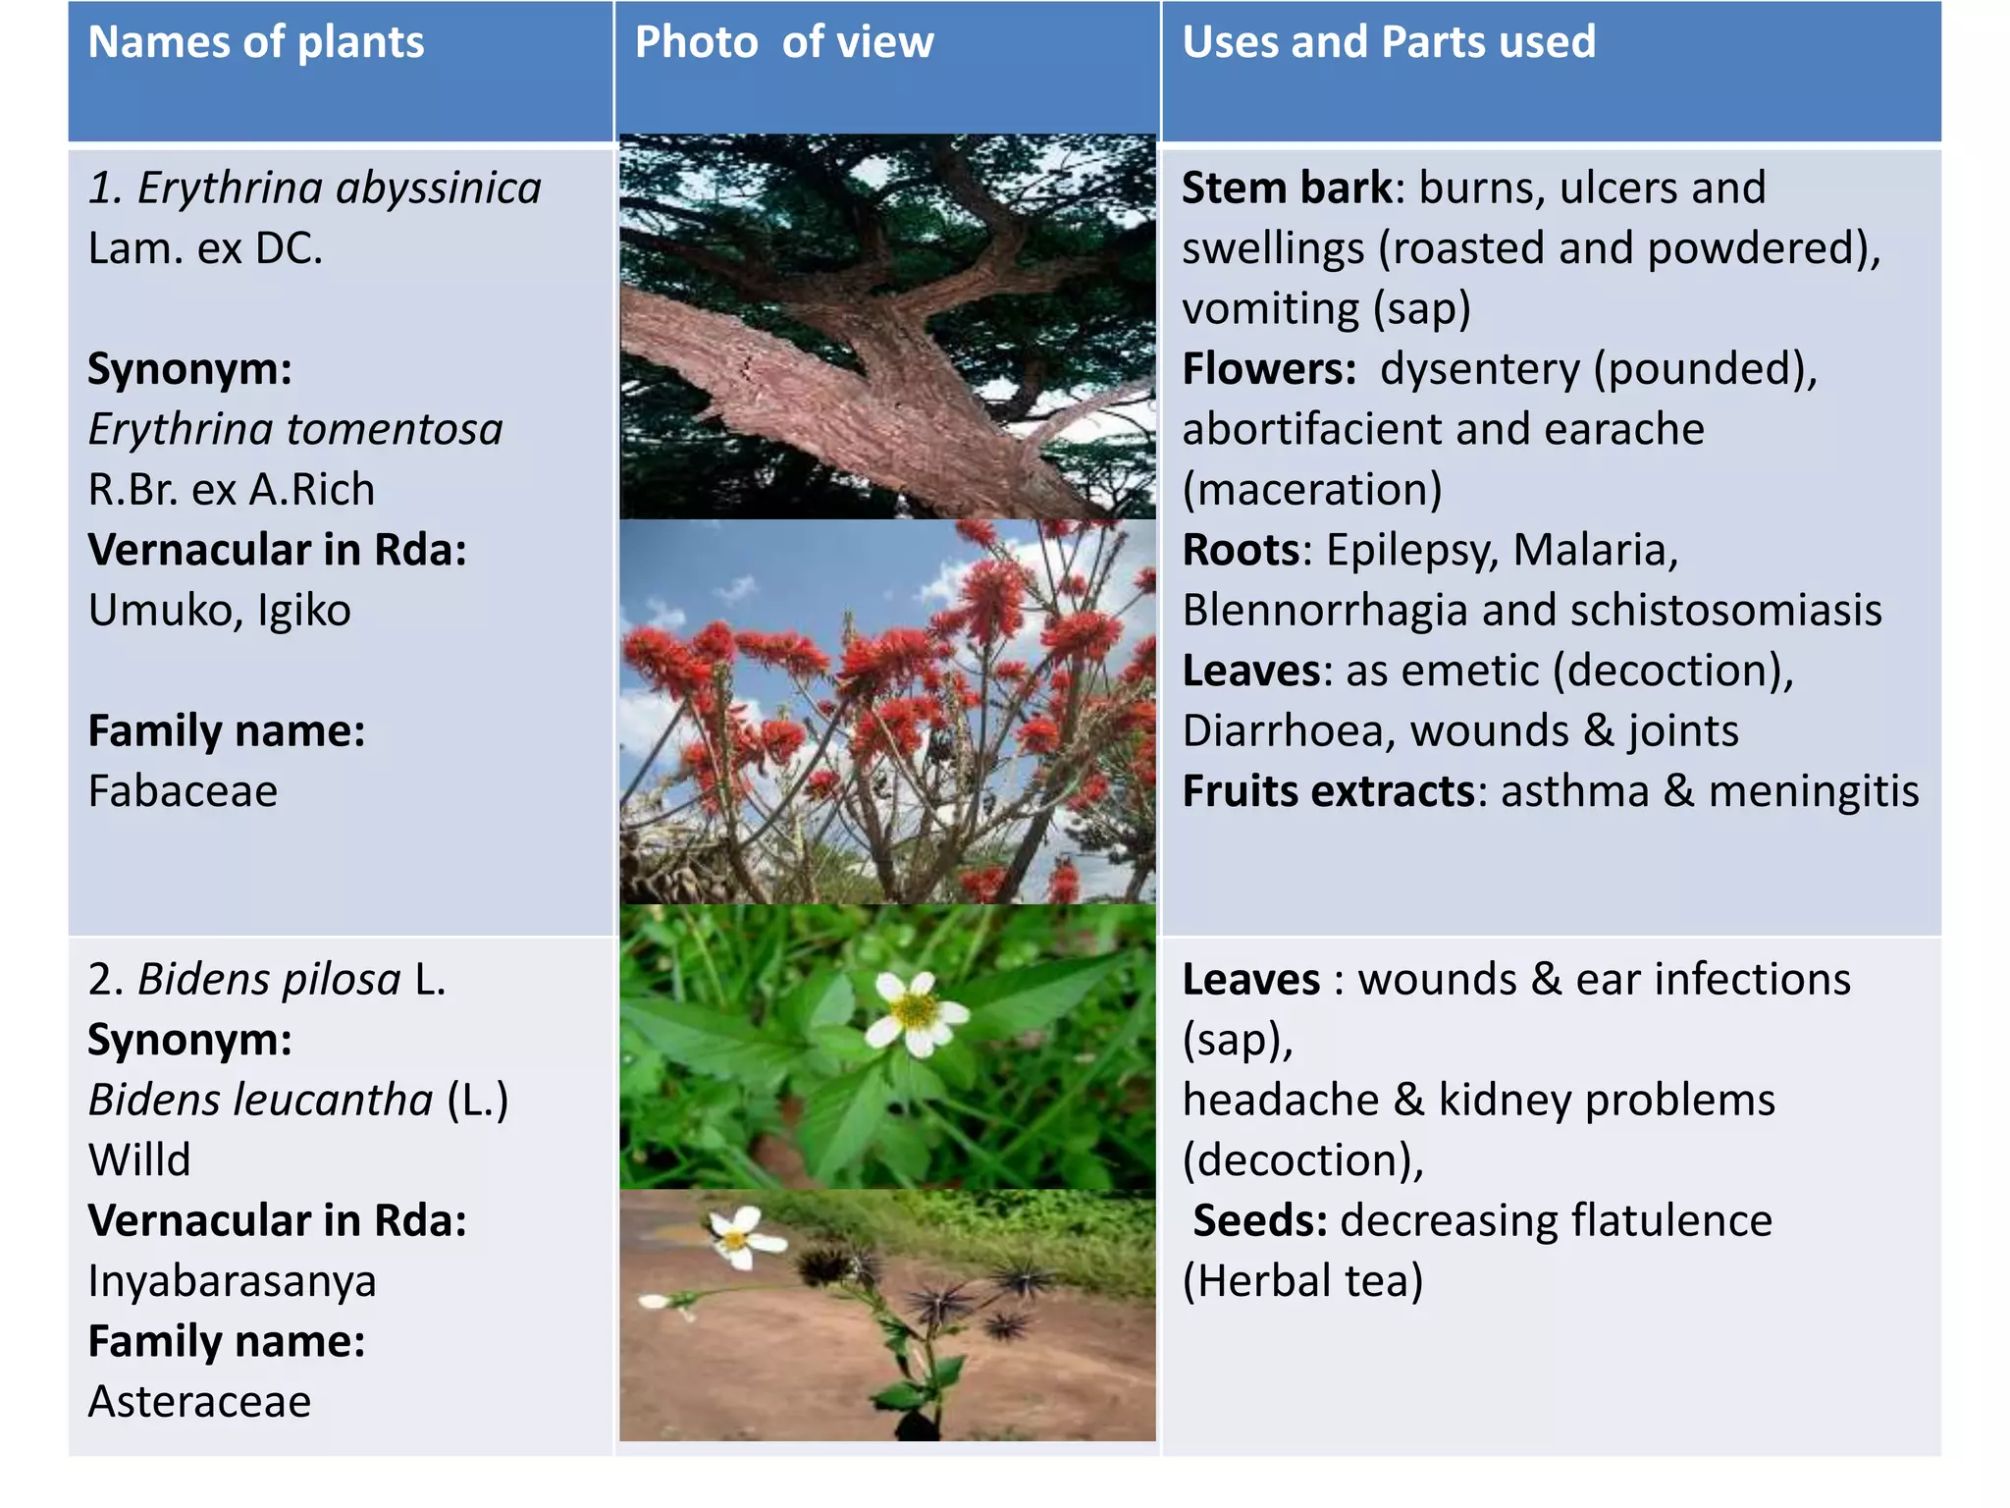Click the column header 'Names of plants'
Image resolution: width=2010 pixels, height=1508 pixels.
pos(255,43)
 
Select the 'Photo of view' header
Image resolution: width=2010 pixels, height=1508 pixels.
pos(783,43)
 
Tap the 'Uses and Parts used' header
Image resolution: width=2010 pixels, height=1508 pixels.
pos(1388,43)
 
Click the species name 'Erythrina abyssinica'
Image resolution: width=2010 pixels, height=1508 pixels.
pos(339,188)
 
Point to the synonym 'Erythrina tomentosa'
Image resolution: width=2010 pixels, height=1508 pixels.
pos(294,430)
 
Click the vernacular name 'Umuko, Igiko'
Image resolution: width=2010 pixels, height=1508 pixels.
pos(219,611)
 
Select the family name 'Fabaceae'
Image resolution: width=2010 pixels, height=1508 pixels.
pos(183,791)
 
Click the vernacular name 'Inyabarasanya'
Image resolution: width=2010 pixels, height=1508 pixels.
pos(232,1281)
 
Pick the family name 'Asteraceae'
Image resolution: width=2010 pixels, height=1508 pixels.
pos(199,1402)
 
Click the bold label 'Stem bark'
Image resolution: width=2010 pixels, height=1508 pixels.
pos(1286,188)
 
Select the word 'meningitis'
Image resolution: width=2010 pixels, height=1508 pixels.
pos(1813,791)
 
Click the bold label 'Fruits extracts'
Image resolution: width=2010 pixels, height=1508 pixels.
pos(1328,791)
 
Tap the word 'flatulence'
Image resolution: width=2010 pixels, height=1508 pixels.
pos(1670,1221)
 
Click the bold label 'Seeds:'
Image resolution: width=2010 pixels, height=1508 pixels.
pos(1259,1221)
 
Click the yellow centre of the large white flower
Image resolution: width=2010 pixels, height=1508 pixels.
pos(915,1008)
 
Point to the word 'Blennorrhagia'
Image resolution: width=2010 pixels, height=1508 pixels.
pos(1325,611)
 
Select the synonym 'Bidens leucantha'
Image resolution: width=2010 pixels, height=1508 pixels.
pos(260,1101)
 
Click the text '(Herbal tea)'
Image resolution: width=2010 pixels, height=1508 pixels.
pos(1301,1281)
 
